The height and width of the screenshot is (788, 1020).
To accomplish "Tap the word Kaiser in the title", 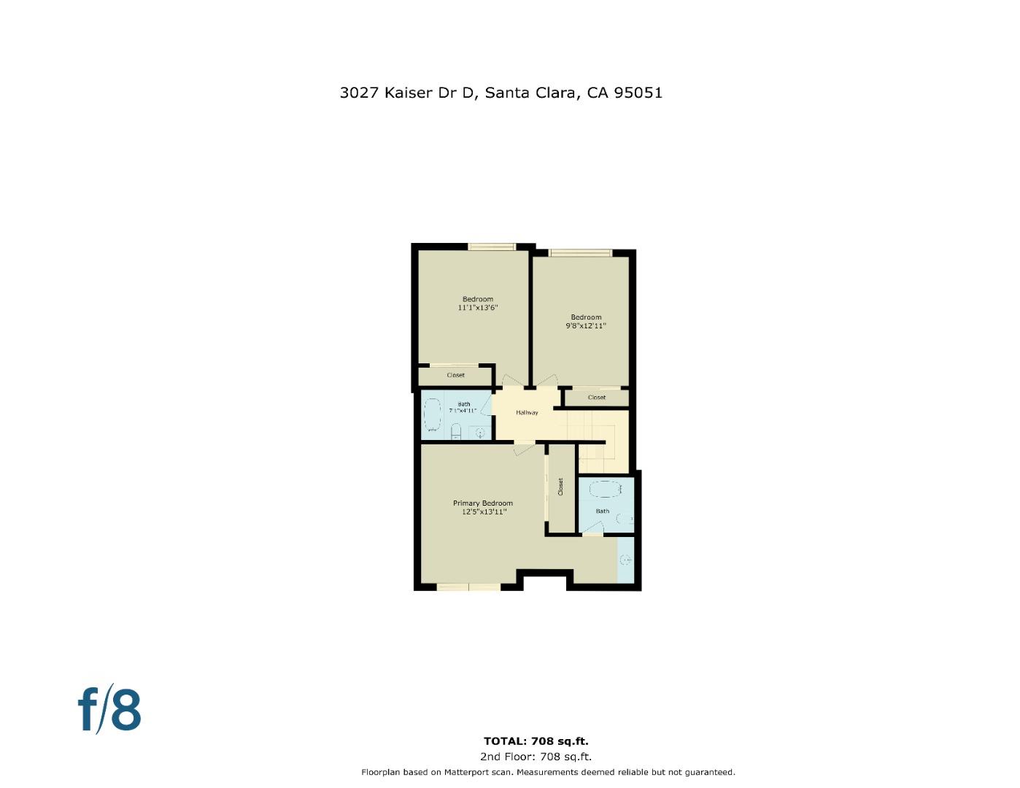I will pyautogui.click(x=408, y=93).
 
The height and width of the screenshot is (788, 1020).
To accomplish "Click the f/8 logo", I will pyautogui.click(x=109, y=709).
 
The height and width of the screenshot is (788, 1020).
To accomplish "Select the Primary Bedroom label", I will pyautogui.click(x=482, y=503).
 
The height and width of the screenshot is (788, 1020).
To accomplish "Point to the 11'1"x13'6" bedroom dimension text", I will pyautogui.click(x=478, y=308).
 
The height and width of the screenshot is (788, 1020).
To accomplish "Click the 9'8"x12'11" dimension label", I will pyautogui.click(x=586, y=326).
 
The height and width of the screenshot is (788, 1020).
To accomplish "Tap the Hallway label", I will pyautogui.click(x=527, y=413).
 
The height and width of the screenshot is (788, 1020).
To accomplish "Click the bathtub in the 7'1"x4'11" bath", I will pyautogui.click(x=433, y=415).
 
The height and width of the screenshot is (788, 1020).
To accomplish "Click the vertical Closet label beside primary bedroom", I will pyautogui.click(x=560, y=487).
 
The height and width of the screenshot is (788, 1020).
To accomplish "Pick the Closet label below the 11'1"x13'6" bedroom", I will pyautogui.click(x=455, y=375).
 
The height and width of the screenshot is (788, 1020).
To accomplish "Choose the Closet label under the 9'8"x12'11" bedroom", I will pyautogui.click(x=596, y=398).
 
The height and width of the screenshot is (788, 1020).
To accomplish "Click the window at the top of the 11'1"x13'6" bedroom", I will pyautogui.click(x=492, y=247).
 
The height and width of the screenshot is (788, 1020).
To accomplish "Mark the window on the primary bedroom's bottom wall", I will pyautogui.click(x=468, y=587).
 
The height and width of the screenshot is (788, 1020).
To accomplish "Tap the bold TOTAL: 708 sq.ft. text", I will pyautogui.click(x=536, y=741).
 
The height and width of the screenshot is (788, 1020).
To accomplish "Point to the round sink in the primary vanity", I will pyautogui.click(x=625, y=560).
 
